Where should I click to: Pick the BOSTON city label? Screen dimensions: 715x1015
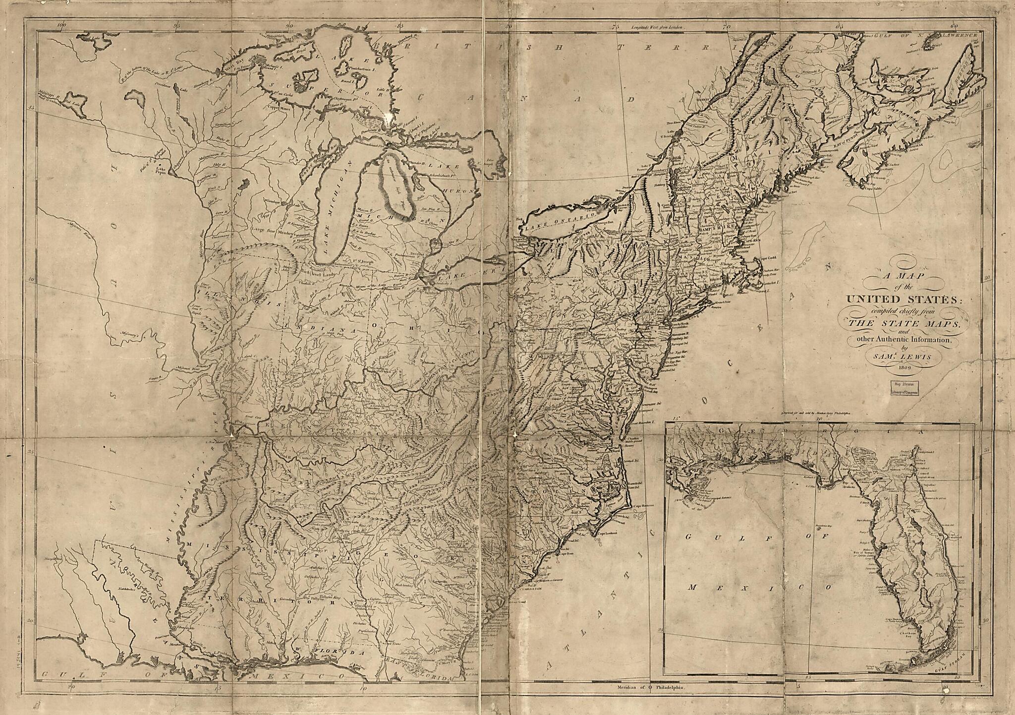pos(741,252)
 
